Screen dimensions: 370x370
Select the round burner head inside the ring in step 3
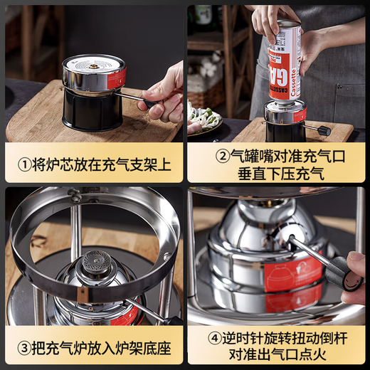pos(92,261)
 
